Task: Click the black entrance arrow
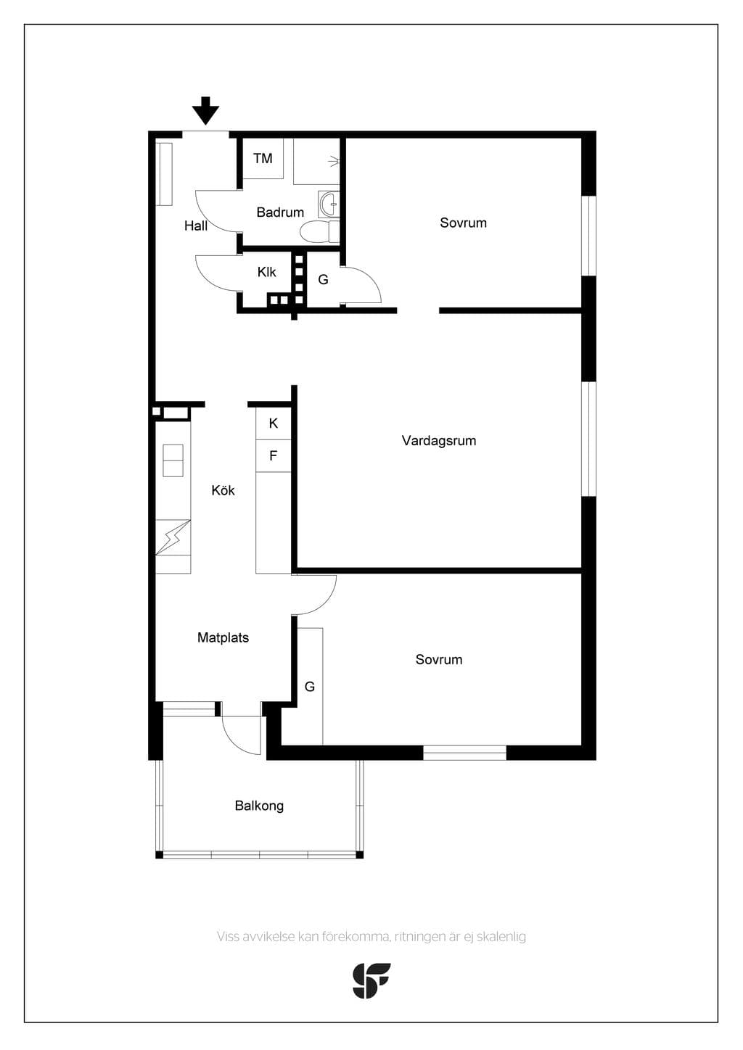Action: pyautogui.click(x=205, y=111)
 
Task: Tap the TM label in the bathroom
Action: pyautogui.click(x=263, y=158)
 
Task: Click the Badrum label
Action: pyautogui.click(x=280, y=212)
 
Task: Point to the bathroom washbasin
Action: pyautogui.click(x=329, y=204)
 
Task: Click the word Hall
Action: pyautogui.click(x=196, y=226)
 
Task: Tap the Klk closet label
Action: pyautogui.click(x=266, y=272)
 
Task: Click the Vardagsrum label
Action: pyautogui.click(x=438, y=441)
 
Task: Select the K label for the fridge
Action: pyautogui.click(x=274, y=423)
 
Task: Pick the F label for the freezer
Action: pyautogui.click(x=273, y=455)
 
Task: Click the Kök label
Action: pyautogui.click(x=223, y=490)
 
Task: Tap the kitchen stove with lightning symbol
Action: pyautogui.click(x=173, y=537)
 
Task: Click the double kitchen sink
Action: pyautogui.click(x=173, y=460)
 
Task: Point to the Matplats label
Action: pyautogui.click(x=223, y=637)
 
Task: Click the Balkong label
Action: pyautogui.click(x=259, y=806)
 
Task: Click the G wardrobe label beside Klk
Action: pyautogui.click(x=323, y=279)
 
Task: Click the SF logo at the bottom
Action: pyautogui.click(x=371, y=980)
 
